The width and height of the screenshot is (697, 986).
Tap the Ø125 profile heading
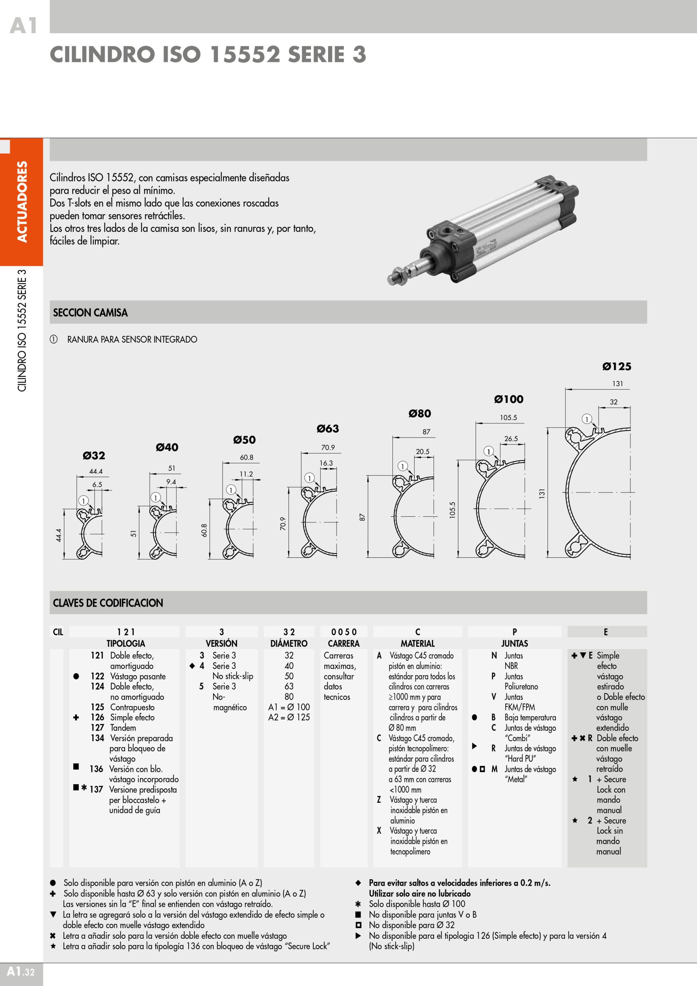pos(616,366)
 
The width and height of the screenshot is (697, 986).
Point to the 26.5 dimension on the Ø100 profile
pos(511,439)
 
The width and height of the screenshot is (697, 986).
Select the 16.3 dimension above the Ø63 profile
pos(326,463)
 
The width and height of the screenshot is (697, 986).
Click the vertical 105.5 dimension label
pos(452,510)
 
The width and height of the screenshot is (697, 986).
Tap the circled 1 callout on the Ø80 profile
pos(402,466)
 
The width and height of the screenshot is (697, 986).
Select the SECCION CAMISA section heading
pos(90,313)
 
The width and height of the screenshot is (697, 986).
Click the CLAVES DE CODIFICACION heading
pos(108,603)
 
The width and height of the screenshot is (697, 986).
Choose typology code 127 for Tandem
pos(98,728)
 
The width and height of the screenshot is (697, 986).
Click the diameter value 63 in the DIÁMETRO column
pos(289,686)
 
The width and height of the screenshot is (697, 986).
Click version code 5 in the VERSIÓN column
pos(201,686)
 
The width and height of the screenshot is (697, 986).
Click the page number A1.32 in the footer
pos(21,971)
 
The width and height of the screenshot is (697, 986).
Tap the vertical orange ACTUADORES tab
pos(22,202)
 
